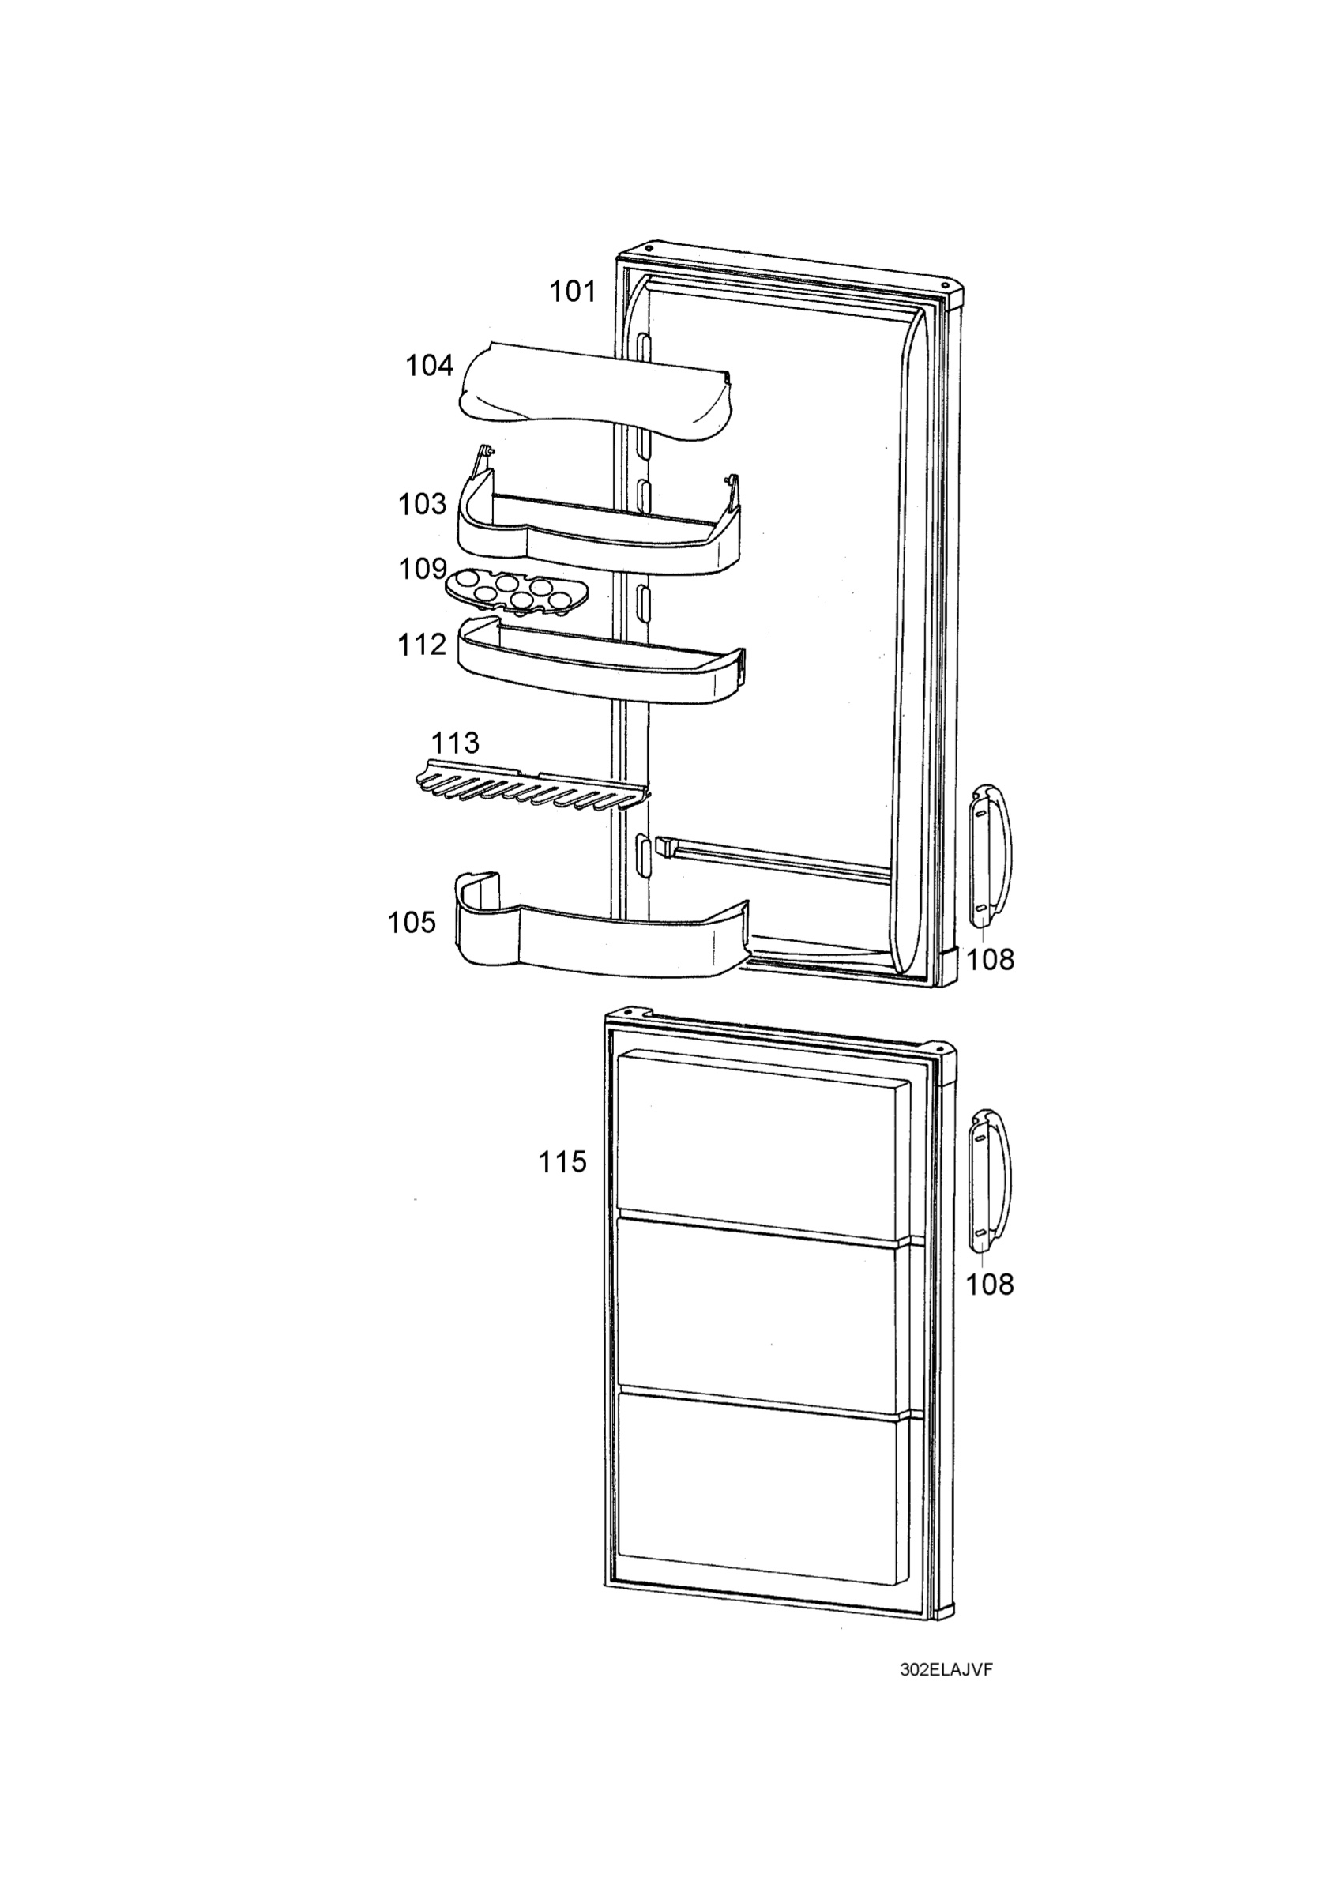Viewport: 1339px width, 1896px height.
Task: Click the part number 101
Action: pyautogui.click(x=573, y=292)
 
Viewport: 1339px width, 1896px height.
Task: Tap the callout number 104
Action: pyautogui.click(x=429, y=366)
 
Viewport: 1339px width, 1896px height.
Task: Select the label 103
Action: pyautogui.click(x=422, y=505)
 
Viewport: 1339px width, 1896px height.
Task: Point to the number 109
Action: pyautogui.click(x=422, y=569)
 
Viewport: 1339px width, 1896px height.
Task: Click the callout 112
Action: pyautogui.click(x=422, y=645)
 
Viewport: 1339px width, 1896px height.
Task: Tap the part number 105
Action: pyautogui.click(x=412, y=923)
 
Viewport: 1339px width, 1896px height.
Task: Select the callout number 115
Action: pyautogui.click(x=562, y=1162)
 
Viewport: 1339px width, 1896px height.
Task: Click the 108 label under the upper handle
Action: pyautogui.click(x=990, y=960)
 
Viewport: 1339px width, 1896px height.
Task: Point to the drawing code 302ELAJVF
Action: pyautogui.click(x=946, y=1670)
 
